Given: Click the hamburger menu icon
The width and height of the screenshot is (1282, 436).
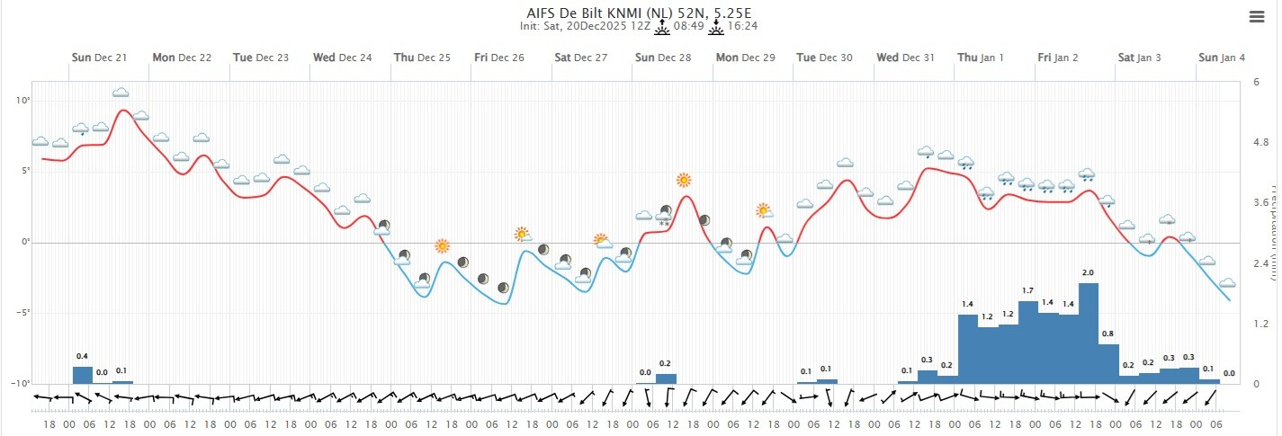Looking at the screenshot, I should [1257, 16].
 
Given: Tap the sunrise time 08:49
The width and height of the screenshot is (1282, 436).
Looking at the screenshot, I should [689, 26].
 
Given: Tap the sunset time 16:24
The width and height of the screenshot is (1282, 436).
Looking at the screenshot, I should [742, 26].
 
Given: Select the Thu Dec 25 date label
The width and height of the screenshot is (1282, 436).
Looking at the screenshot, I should [422, 58].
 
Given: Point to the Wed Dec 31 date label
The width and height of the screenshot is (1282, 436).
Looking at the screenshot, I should [906, 58].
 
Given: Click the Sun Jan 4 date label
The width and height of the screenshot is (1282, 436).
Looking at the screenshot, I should [1222, 58].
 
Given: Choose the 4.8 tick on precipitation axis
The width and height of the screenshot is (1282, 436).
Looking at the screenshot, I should [1260, 142].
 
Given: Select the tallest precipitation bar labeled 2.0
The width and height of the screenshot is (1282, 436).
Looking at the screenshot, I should [1089, 333].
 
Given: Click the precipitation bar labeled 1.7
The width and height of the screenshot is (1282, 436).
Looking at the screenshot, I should [1028, 342].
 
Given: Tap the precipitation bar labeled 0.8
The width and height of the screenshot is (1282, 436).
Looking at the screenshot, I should [1108, 363].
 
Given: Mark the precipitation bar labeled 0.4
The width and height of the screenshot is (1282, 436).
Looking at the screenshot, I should [82, 374].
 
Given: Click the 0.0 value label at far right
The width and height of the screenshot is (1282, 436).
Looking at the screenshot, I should [1229, 373].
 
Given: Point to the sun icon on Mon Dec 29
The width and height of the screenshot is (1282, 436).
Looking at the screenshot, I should [763, 210].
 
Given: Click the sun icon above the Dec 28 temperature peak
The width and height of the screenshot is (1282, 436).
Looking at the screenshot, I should [684, 180].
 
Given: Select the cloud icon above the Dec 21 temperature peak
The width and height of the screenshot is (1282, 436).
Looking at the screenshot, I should [121, 93].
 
